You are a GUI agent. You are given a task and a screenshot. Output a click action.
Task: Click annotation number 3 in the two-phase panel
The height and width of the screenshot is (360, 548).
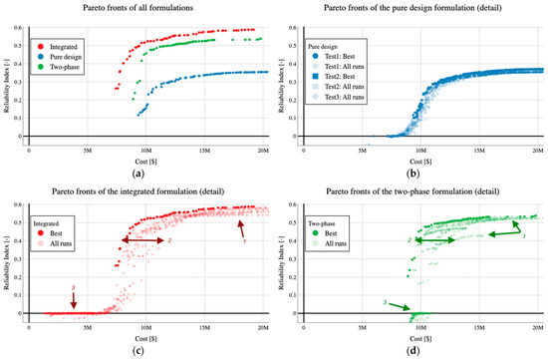click(386, 302)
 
